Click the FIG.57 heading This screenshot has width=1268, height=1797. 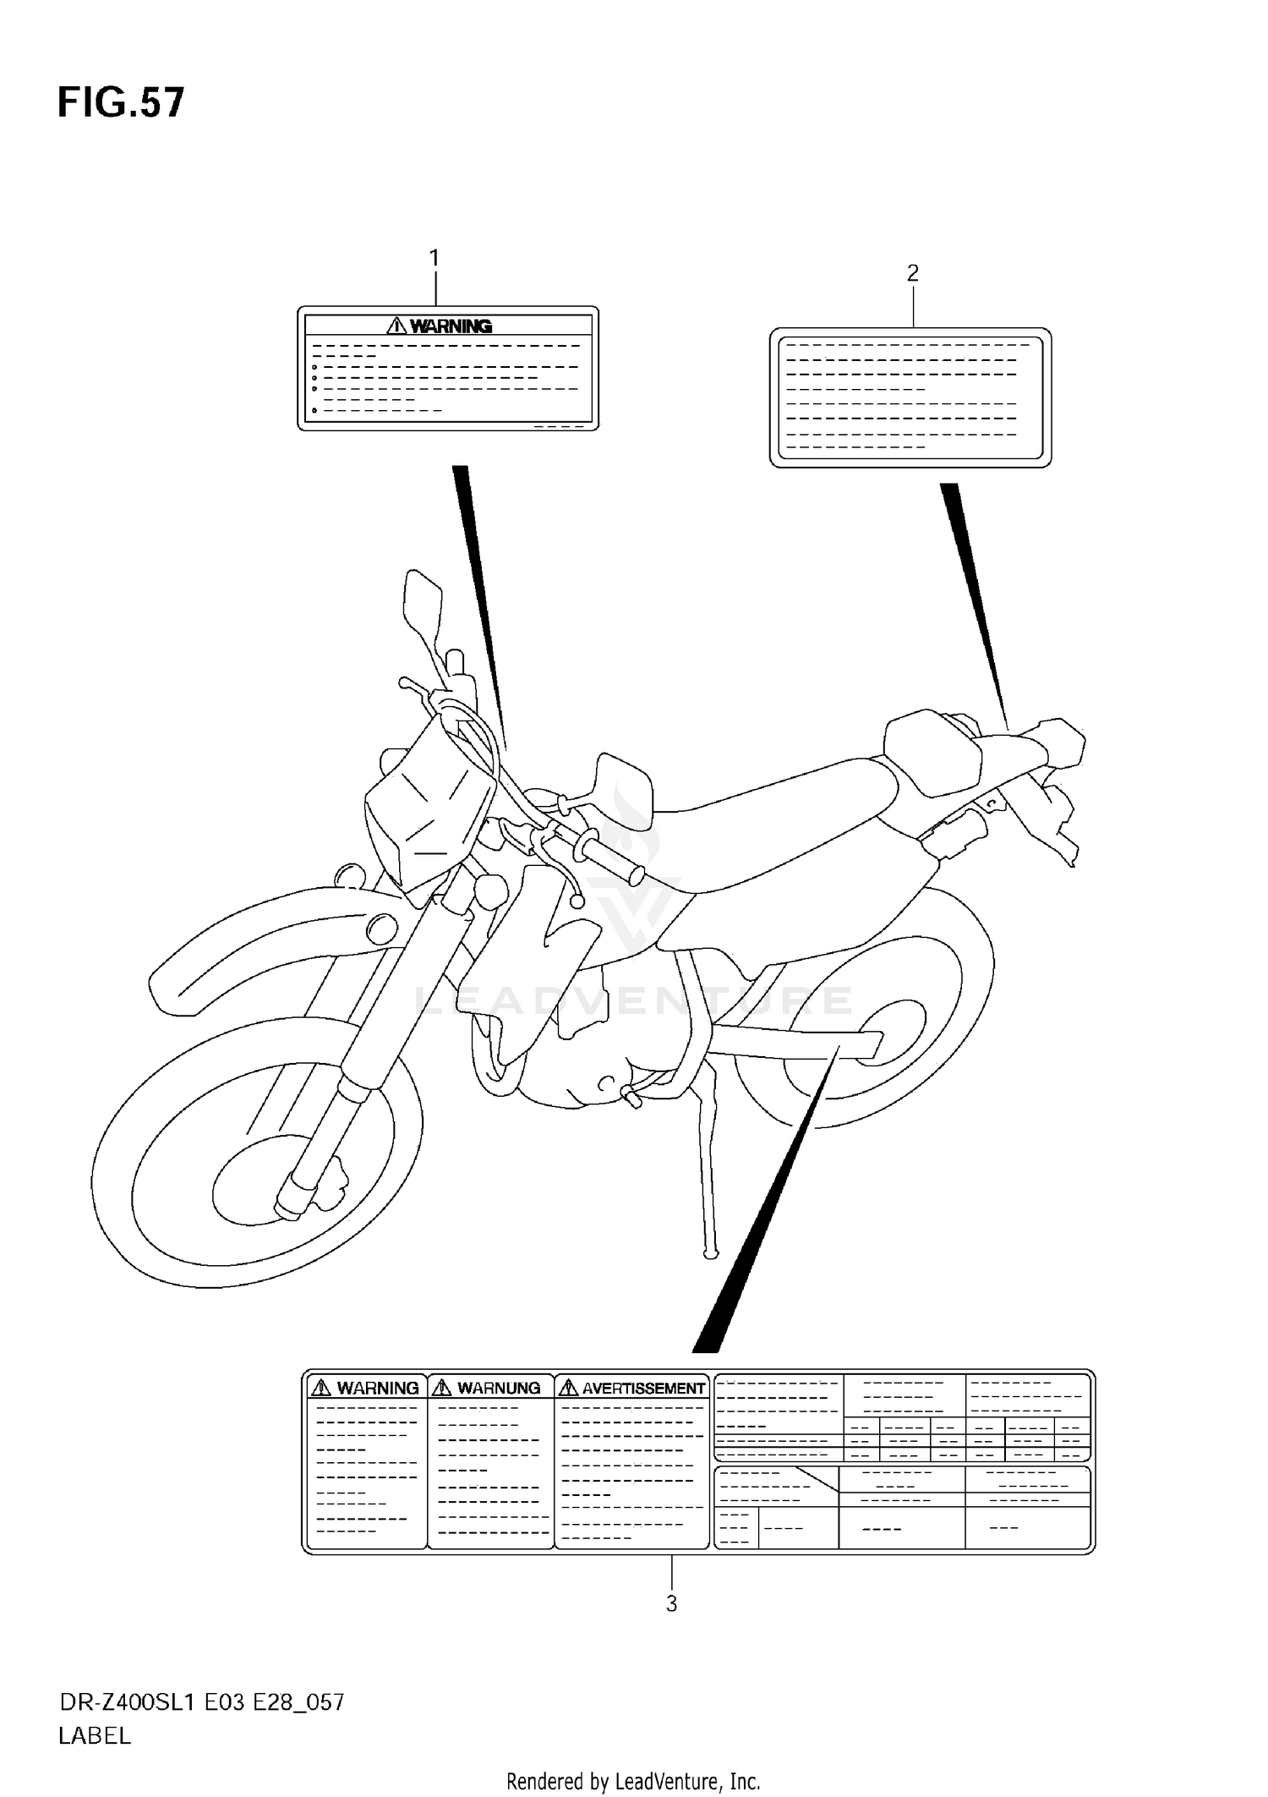click(x=120, y=103)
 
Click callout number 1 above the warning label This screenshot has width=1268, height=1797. click(x=435, y=258)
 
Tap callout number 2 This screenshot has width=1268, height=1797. click(x=912, y=273)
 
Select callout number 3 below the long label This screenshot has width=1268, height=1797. click(x=671, y=1603)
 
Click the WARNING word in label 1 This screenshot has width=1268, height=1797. click(x=451, y=326)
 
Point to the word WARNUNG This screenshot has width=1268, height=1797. click(x=499, y=1388)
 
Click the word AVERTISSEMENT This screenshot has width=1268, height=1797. click(x=643, y=1388)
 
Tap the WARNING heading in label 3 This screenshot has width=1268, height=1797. click(x=377, y=1388)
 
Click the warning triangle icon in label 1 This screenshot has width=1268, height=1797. click(x=396, y=326)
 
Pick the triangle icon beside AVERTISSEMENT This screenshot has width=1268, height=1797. click(x=569, y=1388)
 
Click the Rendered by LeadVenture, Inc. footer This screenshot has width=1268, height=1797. click(x=633, y=1782)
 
